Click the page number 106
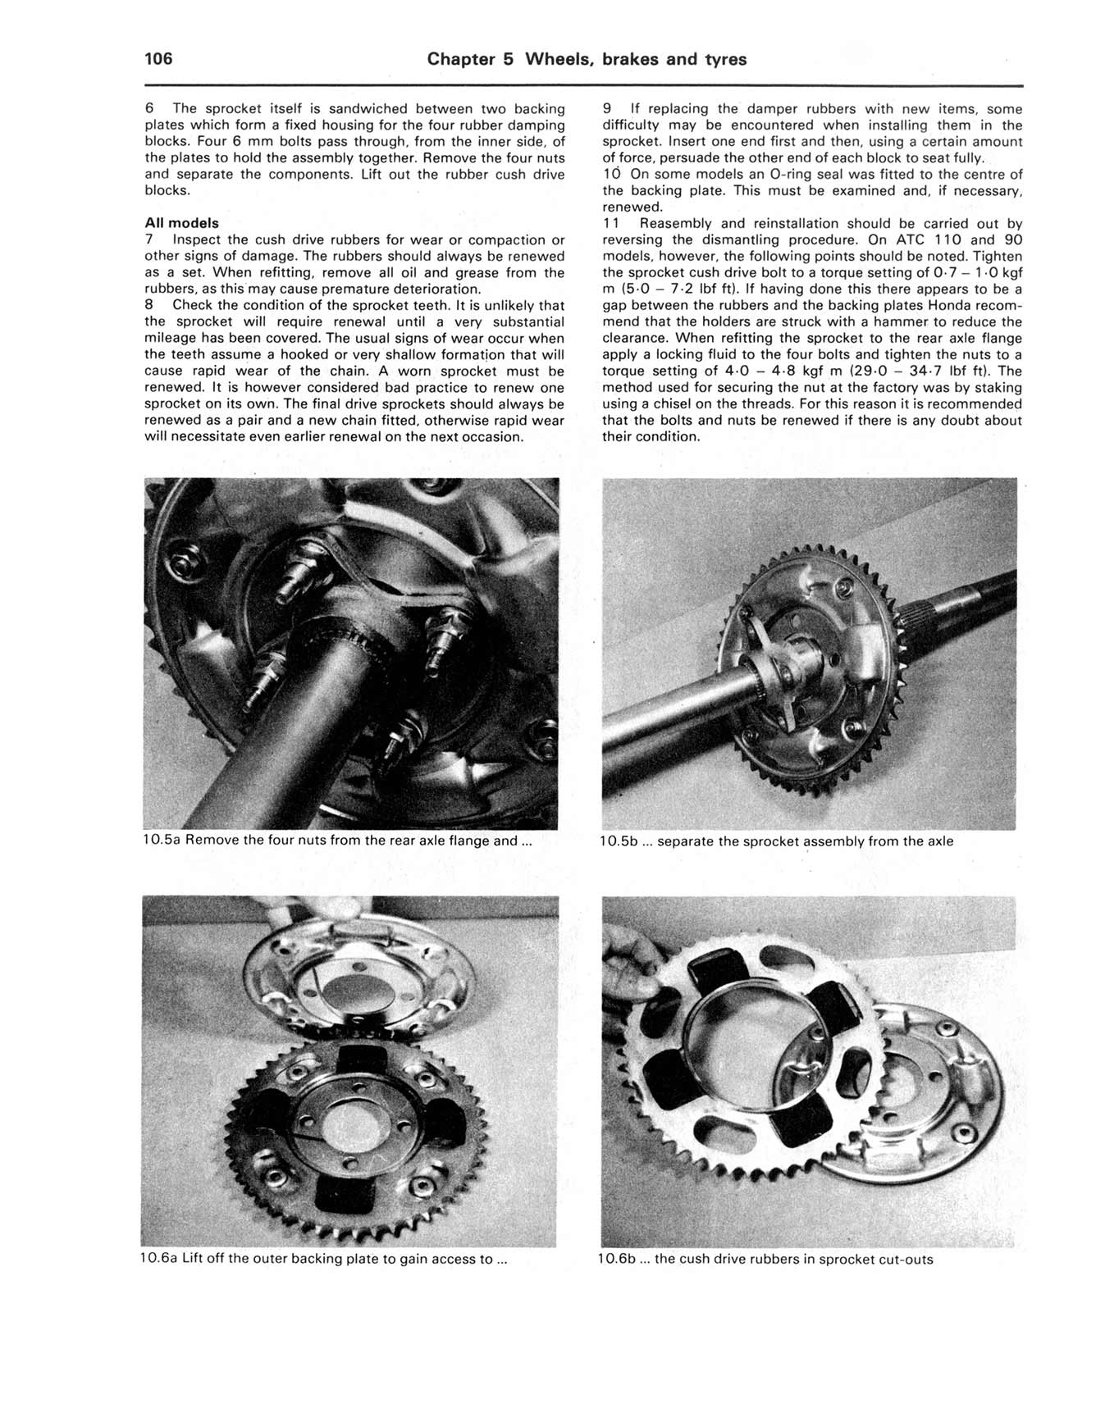click(x=158, y=59)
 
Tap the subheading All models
click(x=181, y=223)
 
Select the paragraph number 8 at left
click(x=149, y=305)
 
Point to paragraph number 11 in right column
click(x=612, y=223)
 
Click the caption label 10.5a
click(x=162, y=841)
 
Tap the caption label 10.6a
click(x=160, y=1259)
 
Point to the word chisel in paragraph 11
click(x=679, y=403)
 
